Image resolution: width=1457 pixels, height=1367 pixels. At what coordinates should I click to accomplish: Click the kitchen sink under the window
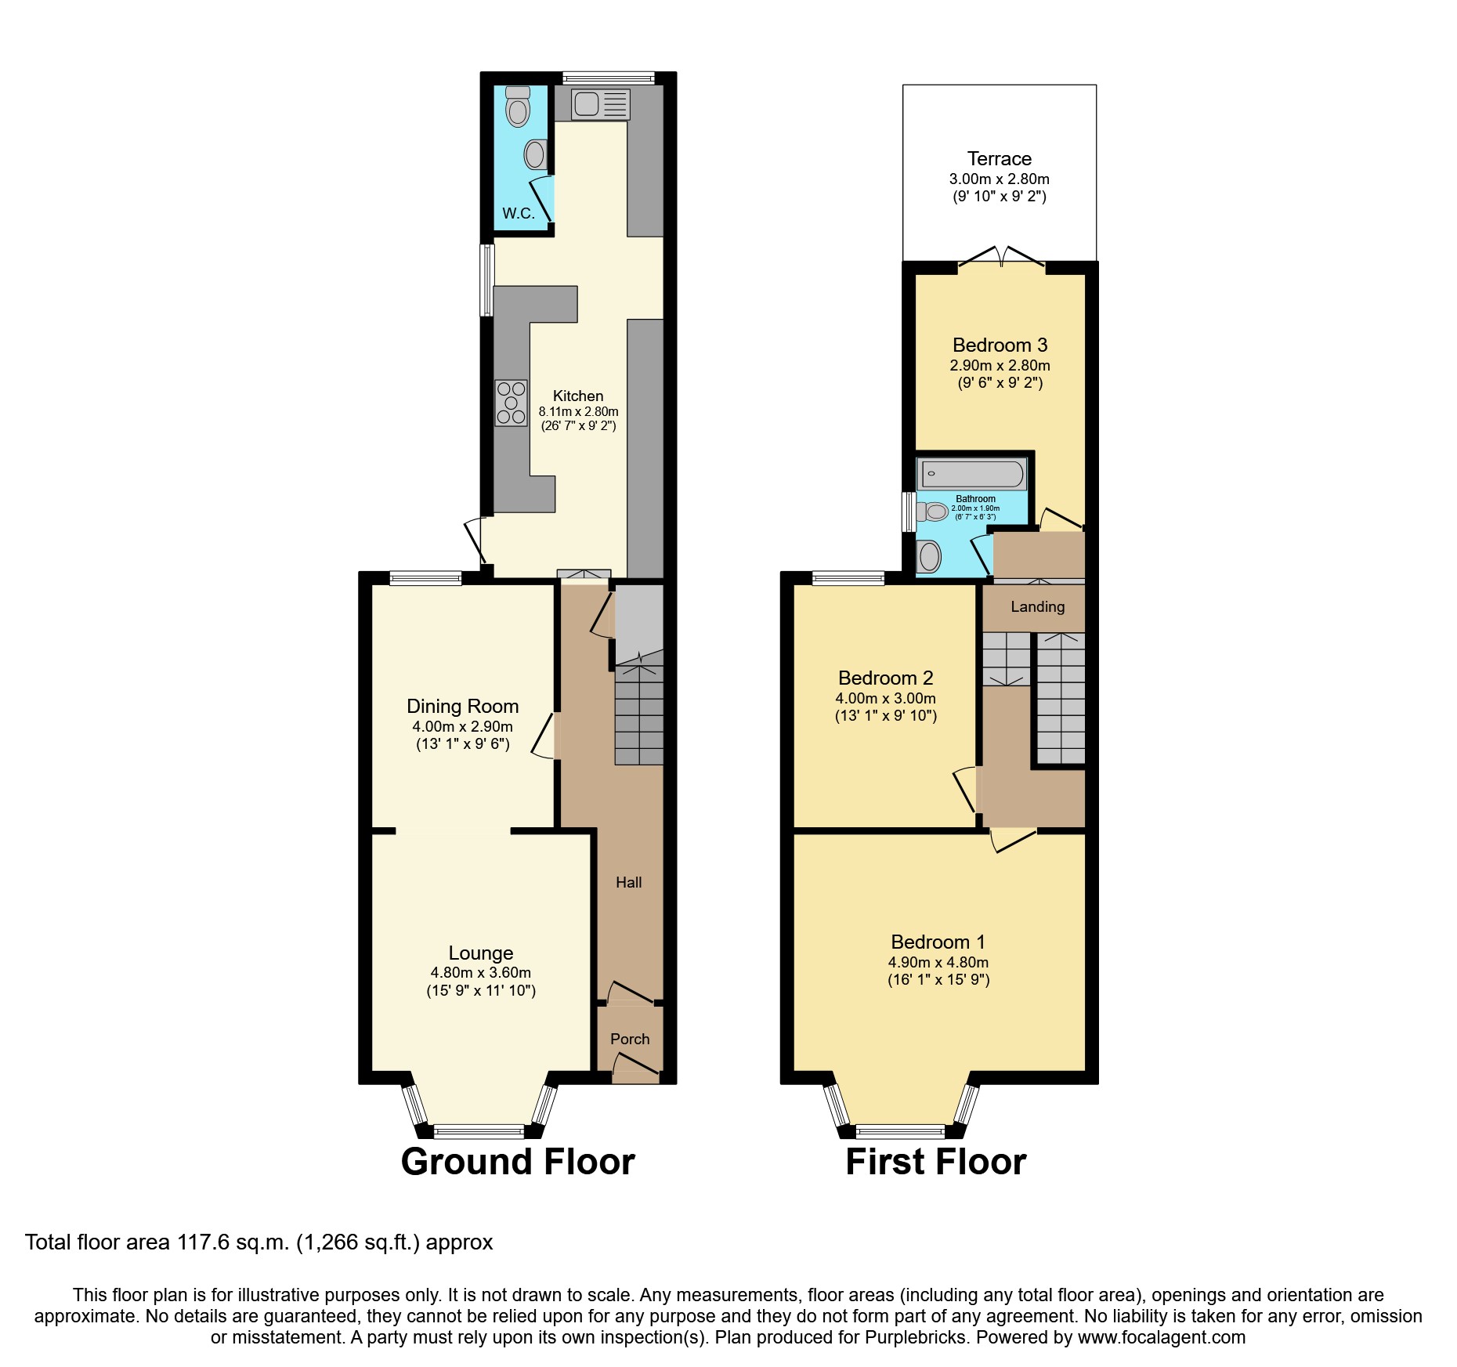pyautogui.click(x=600, y=104)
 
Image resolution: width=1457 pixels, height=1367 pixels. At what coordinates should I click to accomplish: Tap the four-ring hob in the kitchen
pyautogui.click(x=511, y=403)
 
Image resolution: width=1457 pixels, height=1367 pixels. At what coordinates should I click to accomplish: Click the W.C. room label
pyautogui.click(x=518, y=213)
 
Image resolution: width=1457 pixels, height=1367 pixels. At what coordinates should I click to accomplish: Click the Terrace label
pyautogui.click(x=999, y=159)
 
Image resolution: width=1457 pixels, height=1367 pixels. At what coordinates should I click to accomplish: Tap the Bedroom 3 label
pyautogui.click(x=1000, y=345)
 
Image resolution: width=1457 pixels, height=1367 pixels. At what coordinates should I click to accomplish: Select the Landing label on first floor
pyautogui.click(x=1037, y=606)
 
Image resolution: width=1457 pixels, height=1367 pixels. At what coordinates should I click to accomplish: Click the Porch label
pyautogui.click(x=630, y=1039)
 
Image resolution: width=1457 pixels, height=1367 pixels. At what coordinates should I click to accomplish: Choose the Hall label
pyautogui.click(x=628, y=882)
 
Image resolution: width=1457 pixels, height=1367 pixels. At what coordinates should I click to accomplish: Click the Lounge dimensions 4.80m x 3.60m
pyautogui.click(x=480, y=973)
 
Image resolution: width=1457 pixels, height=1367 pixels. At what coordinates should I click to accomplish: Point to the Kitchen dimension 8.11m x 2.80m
pyautogui.click(x=578, y=411)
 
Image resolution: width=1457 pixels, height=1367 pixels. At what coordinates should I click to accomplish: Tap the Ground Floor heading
pyautogui.click(x=518, y=1162)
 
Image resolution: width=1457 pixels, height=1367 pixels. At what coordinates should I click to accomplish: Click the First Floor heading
pyautogui.click(x=935, y=1162)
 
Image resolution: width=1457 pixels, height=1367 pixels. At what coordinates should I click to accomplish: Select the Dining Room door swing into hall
pyautogui.click(x=544, y=735)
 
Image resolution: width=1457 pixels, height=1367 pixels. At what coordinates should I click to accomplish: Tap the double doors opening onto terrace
pyautogui.click(x=1002, y=255)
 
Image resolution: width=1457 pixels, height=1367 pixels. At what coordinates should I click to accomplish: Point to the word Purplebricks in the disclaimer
pyautogui.click(x=915, y=1337)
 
